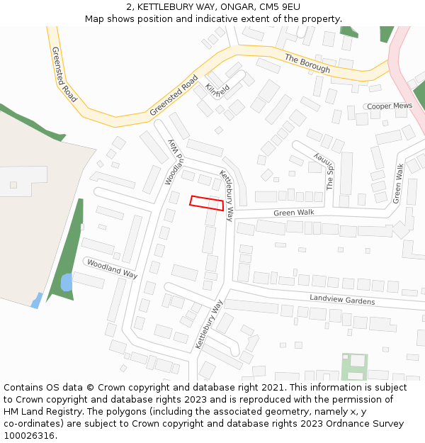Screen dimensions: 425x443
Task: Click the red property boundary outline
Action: (x=207, y=203)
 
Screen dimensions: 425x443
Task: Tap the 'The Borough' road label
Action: (x=307, y=64)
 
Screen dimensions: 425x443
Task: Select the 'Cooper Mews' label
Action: (x=389, y=106)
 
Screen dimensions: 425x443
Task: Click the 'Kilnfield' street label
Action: (x=217, y=90)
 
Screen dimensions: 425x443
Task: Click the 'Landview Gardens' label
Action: (x=341, y=300)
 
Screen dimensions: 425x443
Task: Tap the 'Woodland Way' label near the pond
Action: (x=111, y=268)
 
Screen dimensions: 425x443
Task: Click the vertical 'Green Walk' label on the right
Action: (x=399, y=184)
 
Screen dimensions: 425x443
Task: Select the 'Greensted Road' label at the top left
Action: (x=64, y=74)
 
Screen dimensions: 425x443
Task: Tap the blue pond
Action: (x=66, y=283)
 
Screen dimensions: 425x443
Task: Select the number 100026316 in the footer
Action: (x=28, y=435)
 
